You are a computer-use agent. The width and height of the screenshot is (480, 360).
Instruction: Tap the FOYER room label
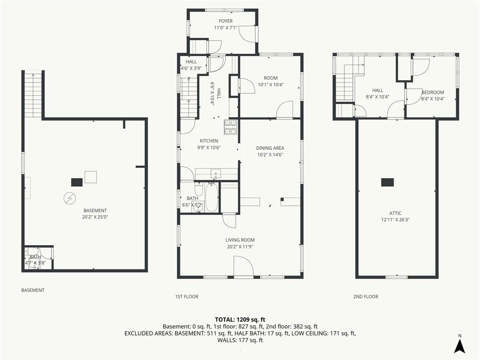pos(225,21)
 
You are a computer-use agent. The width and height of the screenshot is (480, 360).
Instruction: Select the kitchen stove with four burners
pos(231,127)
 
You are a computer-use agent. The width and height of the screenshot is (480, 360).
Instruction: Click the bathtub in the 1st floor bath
pos(211,197)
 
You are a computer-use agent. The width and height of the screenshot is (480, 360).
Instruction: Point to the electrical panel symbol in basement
pos(69,198)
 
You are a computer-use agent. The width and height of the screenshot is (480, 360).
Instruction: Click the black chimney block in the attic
pos(387,182)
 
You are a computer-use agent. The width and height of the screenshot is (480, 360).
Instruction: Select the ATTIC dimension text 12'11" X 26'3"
pos(395,219)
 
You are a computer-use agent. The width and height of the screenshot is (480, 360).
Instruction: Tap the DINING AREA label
pos(270,148)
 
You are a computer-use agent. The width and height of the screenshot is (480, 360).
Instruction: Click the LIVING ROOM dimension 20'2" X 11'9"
pos(240,247)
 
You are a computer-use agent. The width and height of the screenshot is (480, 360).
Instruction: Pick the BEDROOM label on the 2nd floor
pos(433,92)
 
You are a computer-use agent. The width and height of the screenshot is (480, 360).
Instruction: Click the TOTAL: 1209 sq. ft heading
pos(240,320)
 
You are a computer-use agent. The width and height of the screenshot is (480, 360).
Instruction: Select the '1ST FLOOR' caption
pos(187,297)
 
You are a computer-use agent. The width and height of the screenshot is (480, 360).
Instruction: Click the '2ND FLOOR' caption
pos(366,297)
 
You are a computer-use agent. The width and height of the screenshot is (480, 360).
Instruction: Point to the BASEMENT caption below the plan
pos(33,290)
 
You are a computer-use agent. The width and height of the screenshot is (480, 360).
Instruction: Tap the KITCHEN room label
pos(209,141)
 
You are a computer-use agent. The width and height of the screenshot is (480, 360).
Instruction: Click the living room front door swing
pos(244,266)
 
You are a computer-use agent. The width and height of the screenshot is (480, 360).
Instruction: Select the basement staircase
pos(33,95)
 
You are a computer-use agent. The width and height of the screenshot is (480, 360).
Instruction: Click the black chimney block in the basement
pos(76,182)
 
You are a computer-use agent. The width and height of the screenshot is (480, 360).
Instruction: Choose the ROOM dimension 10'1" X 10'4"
pos(270,85)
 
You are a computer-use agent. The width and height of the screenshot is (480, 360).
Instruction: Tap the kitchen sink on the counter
pos(216,173)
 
